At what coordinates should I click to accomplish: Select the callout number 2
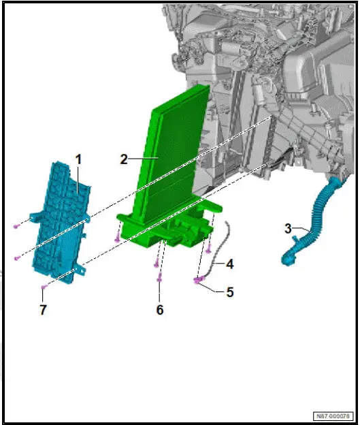124,159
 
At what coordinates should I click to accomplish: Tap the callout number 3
288,227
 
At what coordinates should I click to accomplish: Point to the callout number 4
229,263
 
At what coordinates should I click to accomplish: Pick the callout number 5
229,292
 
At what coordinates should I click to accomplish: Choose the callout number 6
160,309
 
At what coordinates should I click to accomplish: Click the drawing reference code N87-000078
333,415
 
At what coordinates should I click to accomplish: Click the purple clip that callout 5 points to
197,279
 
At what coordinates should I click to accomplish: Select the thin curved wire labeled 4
219,252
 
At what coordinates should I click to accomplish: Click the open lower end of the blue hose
287,259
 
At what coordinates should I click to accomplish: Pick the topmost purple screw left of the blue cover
15,225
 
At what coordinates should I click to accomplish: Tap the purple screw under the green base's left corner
118,239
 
